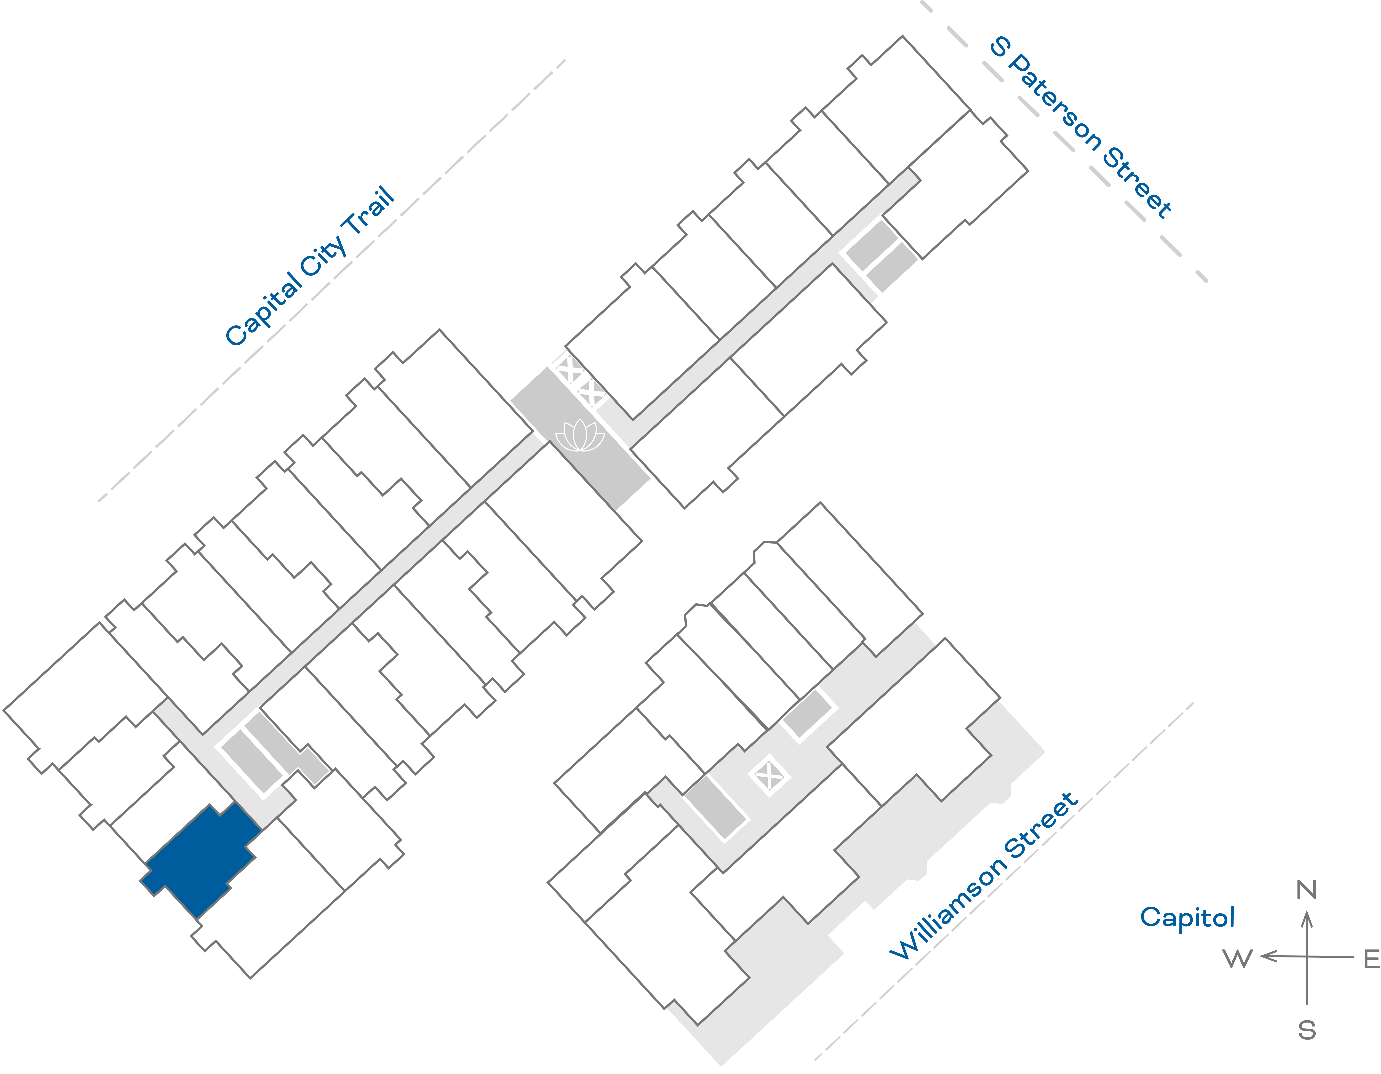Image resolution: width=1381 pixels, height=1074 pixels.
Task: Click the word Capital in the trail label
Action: pos(264,309)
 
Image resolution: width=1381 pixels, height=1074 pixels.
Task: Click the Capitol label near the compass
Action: pos(1187,917)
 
